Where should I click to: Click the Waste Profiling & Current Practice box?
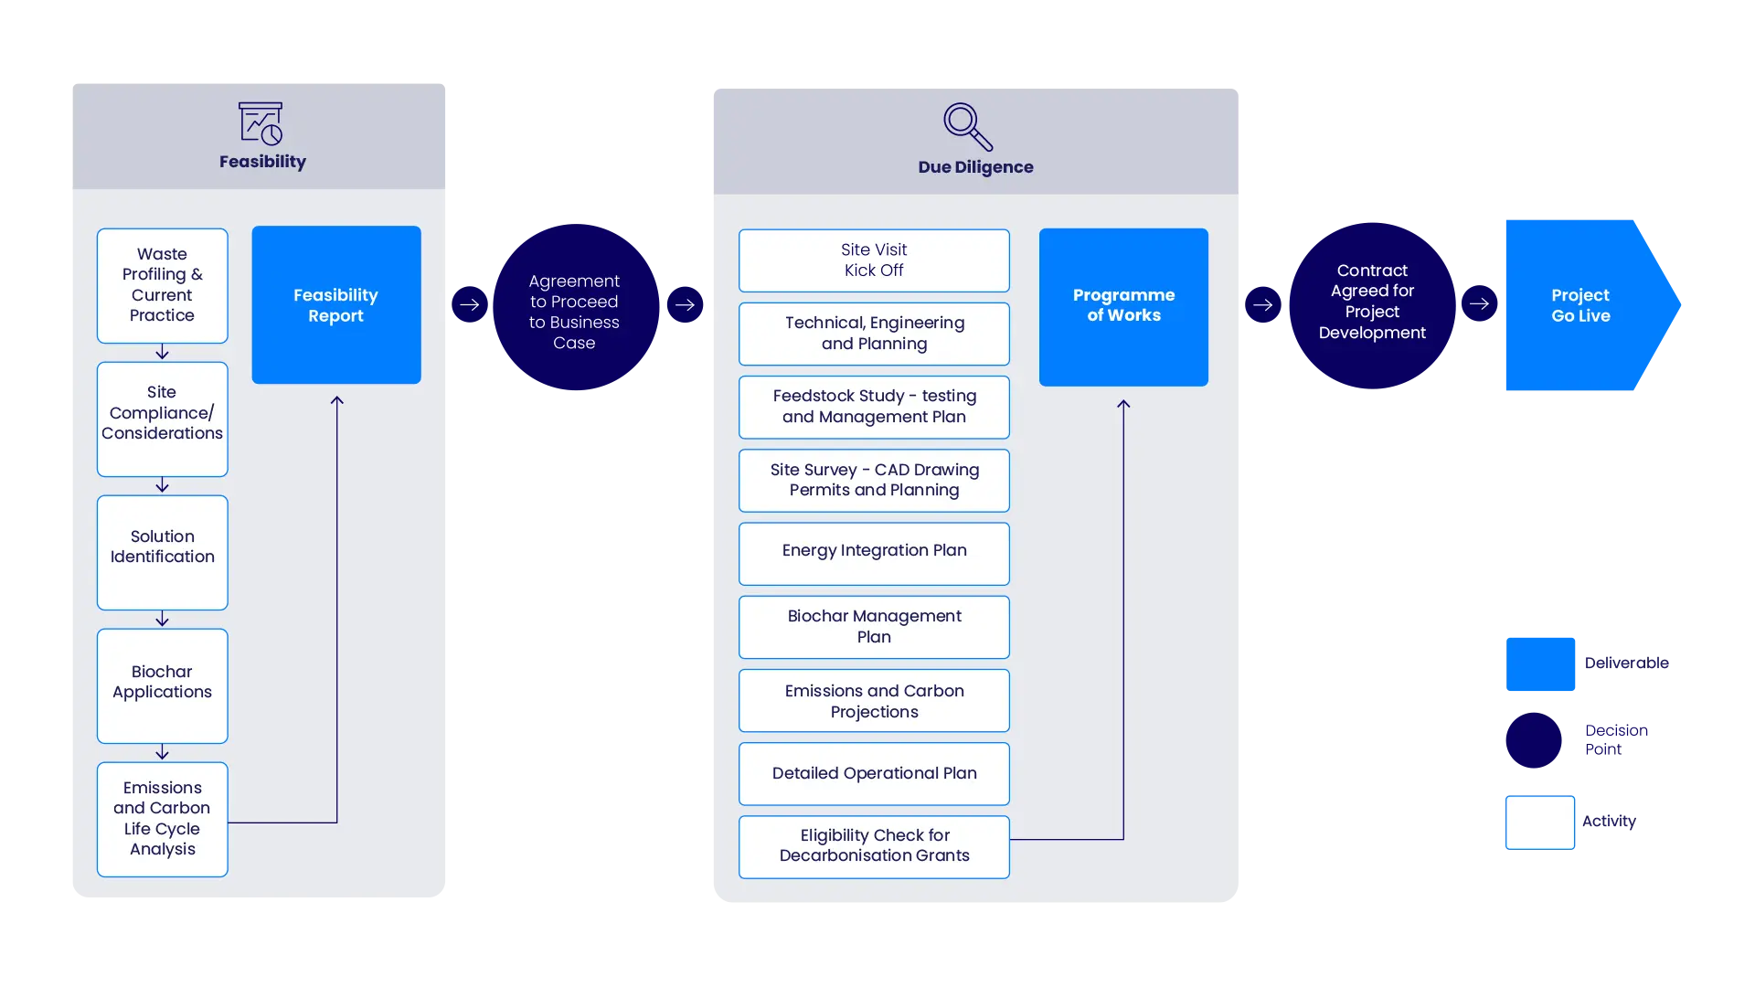coord(162,285)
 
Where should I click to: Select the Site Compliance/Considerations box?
coord(162,419)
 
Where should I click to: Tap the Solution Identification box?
coord(162,552)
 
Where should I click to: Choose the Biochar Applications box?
coord(162,685)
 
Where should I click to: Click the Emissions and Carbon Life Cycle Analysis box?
coord(162,819)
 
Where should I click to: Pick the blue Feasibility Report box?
coord(335,304)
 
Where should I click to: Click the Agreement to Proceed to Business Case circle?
coord(574,307)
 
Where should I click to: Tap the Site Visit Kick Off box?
coord(874,260)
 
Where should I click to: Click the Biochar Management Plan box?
coord(874,627)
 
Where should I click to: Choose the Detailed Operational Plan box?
coord(874,773)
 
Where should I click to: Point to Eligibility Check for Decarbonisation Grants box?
coord(874,846)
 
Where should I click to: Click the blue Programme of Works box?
coord(1123,306)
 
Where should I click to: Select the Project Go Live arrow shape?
coord(1581,306)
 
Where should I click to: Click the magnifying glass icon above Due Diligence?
coord(967,126)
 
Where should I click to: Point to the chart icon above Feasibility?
coord(261,123)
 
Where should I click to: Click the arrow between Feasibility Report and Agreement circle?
coord(469,304)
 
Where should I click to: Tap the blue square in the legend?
coord(1541,664)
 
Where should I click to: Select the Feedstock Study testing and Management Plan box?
coord(874,407)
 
